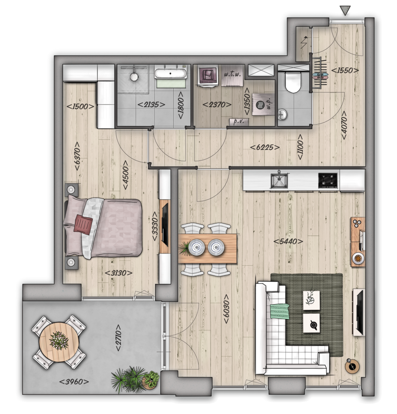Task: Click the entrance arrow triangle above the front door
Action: (x=345, y=10)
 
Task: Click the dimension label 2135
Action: (x=151, y=104)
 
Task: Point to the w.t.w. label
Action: (x=232, y=74)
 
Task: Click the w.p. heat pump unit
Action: (x=263, y=104)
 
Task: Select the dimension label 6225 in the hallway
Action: (x=264, y=147)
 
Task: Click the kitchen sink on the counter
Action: (x=279, y=180)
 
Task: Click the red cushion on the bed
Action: (x=83, y=224)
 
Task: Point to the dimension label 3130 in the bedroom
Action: (x=119, y=273)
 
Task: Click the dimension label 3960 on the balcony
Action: (x=74, y=382)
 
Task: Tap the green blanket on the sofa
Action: (x=279, y=311)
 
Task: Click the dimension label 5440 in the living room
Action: (x=288, y=241)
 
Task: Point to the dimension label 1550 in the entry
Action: (x=345, y=71)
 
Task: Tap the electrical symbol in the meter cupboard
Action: (x=304, y=42)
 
